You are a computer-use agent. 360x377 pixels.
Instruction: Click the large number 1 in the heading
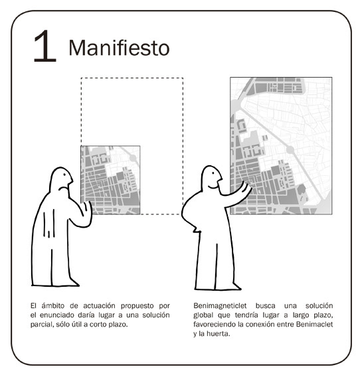(x=45, y=46)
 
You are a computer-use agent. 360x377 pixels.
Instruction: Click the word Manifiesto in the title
(x=119, y=48)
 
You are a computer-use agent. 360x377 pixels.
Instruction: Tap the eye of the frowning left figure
(x=64, y=175)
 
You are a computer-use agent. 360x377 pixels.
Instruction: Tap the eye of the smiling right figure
(x=213, y=173)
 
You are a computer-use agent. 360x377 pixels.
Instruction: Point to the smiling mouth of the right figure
(x=213, y=187)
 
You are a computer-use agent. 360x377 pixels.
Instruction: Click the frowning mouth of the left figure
(x=62, y=188)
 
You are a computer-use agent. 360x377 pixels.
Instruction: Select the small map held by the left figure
(x=110, y=180)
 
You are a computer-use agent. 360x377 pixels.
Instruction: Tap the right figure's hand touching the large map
(x=246, y=187)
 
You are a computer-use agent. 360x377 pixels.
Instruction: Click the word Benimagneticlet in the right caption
(x=220, y=306)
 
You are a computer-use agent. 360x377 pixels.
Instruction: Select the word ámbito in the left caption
(x=53, y=306)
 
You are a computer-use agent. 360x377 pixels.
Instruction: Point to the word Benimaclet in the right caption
(x=315, y=325)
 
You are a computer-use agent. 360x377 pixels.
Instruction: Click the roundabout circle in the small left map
(x=133, y=158)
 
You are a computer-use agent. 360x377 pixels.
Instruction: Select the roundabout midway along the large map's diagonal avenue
(x=290, y=150)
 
